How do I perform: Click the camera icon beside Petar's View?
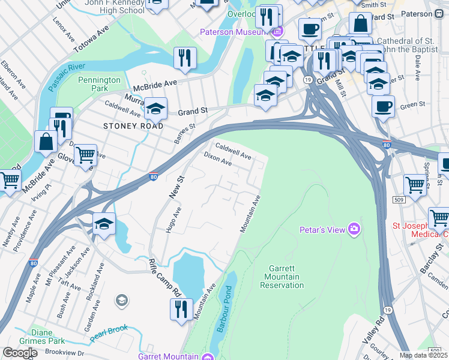click(355, 229)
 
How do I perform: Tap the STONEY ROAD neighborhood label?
click(133, 126)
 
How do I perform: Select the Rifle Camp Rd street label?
click(165, 278)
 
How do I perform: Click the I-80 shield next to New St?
click(153, 177)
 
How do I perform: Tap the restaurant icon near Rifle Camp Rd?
click(181, 308)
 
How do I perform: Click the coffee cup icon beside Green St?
click(382, 107)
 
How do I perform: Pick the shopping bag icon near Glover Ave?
click(46, 142)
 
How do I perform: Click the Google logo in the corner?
click(20, 353)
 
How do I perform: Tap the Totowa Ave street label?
click(89, 41)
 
